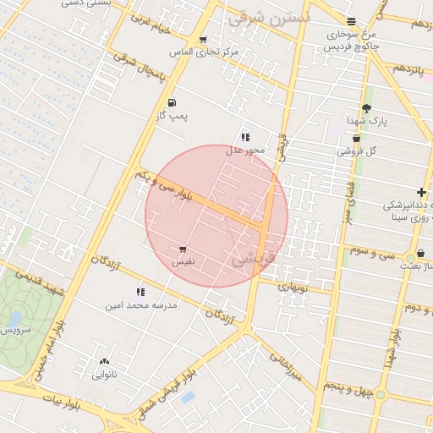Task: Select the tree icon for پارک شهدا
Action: pos(366,107)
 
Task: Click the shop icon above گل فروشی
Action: pos(356,138)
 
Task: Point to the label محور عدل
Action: pos(245,150)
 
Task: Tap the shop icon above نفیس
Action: pos(184,249)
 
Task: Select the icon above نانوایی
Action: pos(104,361)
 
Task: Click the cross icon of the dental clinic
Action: pos(421,193)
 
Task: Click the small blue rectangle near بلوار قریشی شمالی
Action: pos(188,396)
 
